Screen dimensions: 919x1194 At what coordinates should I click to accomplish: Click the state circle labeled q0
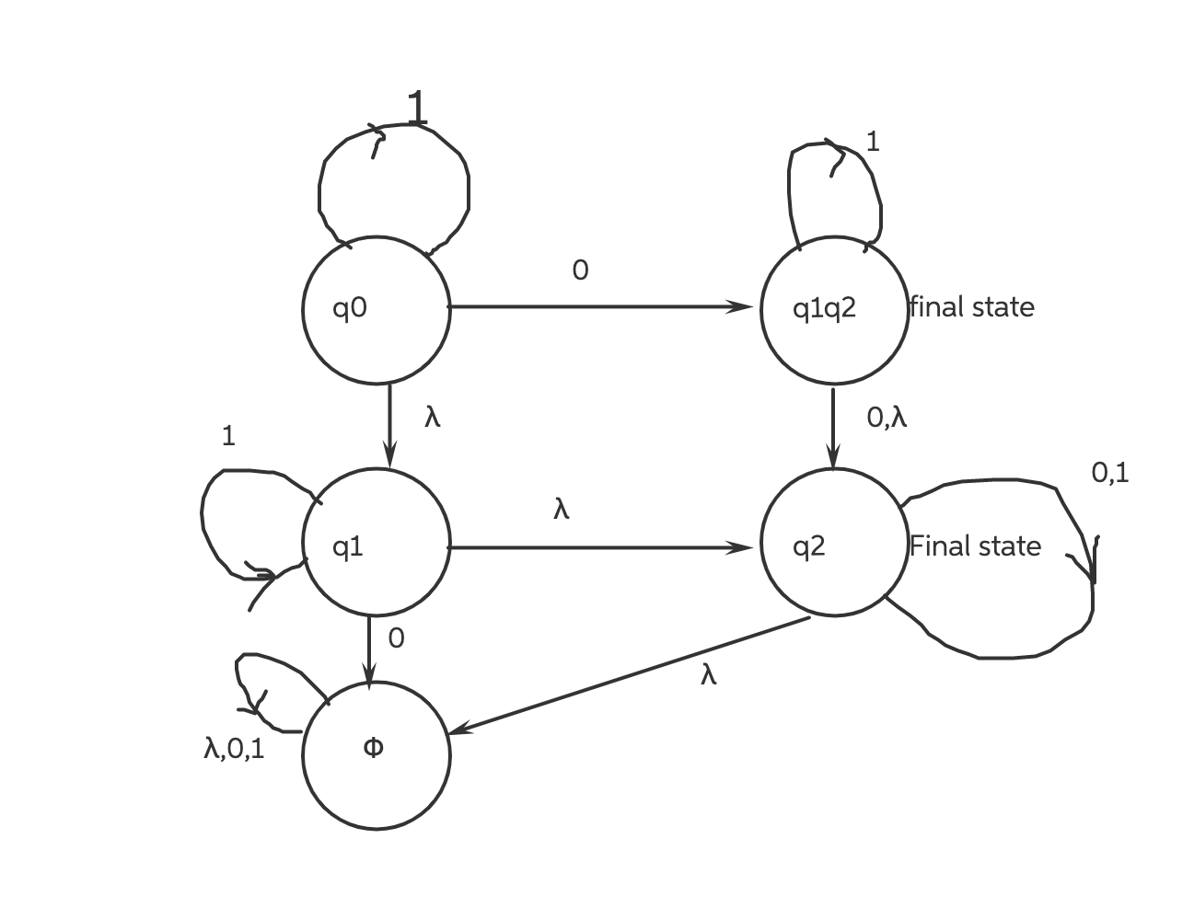(376, 309)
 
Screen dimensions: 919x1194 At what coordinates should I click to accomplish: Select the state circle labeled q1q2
(833, 309)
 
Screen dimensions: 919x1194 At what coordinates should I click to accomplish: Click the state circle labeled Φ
(376, 754)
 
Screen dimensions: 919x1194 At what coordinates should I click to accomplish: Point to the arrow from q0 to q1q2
(598, 306)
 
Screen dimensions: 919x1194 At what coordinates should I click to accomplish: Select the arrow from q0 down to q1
(389, 423)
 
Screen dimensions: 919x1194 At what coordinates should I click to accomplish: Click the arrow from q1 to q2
(598, 548)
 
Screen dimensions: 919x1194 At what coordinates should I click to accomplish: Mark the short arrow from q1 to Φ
(369, 649)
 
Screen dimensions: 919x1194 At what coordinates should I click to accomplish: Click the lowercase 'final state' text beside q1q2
(971, 307)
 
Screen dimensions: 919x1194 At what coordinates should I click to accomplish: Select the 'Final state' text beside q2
(975, 546)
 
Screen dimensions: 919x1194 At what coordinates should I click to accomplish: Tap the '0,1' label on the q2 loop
(1110, 473)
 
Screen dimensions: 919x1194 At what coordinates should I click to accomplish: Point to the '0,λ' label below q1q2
(887, 418)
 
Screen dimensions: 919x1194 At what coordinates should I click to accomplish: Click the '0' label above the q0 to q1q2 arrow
(580, 270)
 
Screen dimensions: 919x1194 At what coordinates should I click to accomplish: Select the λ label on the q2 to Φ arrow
(707, 676)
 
